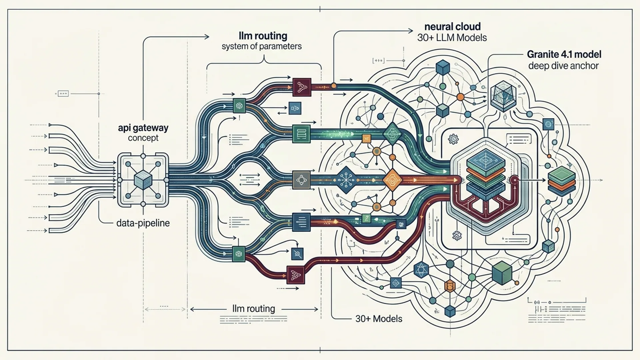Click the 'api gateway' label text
pos(143,128)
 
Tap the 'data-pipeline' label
pos(143,223)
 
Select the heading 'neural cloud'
pos(452,27)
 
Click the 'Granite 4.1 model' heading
pos(564,54)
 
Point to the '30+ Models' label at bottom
pos(379,319)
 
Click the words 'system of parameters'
pos(262,46)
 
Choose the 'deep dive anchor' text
pos(563,66)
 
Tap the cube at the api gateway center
pos(143,180)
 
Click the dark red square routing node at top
pos(302,87)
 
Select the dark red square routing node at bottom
pos(296,275)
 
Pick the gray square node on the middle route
pos(301,180)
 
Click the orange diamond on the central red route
pos(392,180)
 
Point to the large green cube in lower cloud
pos(502,273)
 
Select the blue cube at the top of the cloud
pos(443,68)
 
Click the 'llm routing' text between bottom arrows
pos(254,309)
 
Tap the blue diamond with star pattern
pos(346,180)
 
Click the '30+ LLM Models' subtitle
pos(452,38)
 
